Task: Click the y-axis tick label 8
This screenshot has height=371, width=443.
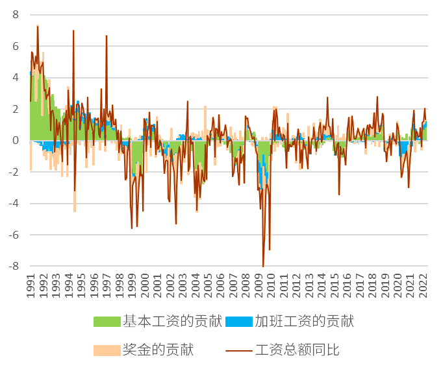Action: [x=16, y=14]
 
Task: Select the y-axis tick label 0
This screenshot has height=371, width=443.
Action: [x=16, y=141]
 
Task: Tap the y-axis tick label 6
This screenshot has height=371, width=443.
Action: [x=16, y=46]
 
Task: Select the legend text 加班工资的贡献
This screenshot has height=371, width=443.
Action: [x=304, y=321]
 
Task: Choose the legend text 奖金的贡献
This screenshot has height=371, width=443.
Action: [x=158, y=351]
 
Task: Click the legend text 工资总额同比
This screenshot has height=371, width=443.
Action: [x=297, y=351]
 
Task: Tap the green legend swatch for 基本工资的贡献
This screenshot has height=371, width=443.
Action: [x=108, y=321]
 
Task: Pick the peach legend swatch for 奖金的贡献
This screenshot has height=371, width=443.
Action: [x=108, y=351]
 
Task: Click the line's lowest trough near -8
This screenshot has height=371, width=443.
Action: [x=263, y=266]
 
